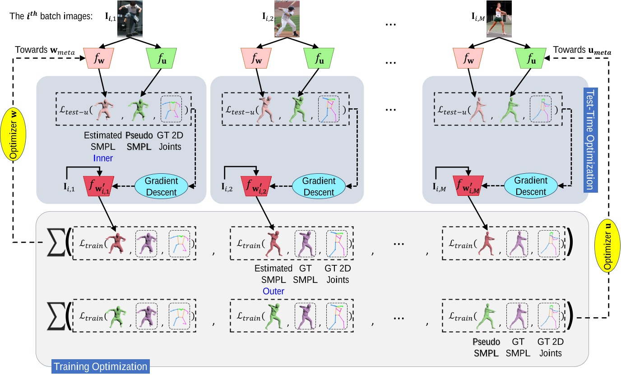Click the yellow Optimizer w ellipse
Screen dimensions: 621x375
[x=13, y=134]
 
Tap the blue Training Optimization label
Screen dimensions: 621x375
[x=100, y=366]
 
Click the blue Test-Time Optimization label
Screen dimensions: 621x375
[x=590, y=140]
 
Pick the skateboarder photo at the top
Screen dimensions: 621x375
[x=130, y=19]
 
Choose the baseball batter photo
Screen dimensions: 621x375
[x=287, y=19]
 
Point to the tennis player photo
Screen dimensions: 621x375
[x=499, y=19]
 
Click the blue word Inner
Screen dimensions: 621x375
[x=103, y=158]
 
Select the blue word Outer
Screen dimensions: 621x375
[x=273, y=292]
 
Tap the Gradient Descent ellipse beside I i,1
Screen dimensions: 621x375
[x=162, y=186]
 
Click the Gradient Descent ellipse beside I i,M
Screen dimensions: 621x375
[x=531, y=186]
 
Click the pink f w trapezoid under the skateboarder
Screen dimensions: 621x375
[x=99, y=58]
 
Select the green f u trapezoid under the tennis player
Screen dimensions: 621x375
[x=531, y=58]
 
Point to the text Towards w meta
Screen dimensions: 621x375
[x=45, y=50]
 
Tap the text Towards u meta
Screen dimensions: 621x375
[x=582, y=50]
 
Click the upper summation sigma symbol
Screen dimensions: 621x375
[x=56, y=242]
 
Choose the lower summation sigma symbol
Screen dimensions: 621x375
[x=56, y=316]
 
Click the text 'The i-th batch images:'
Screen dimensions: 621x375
[x=51, y=15]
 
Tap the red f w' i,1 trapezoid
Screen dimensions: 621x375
[x=99, y=186]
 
